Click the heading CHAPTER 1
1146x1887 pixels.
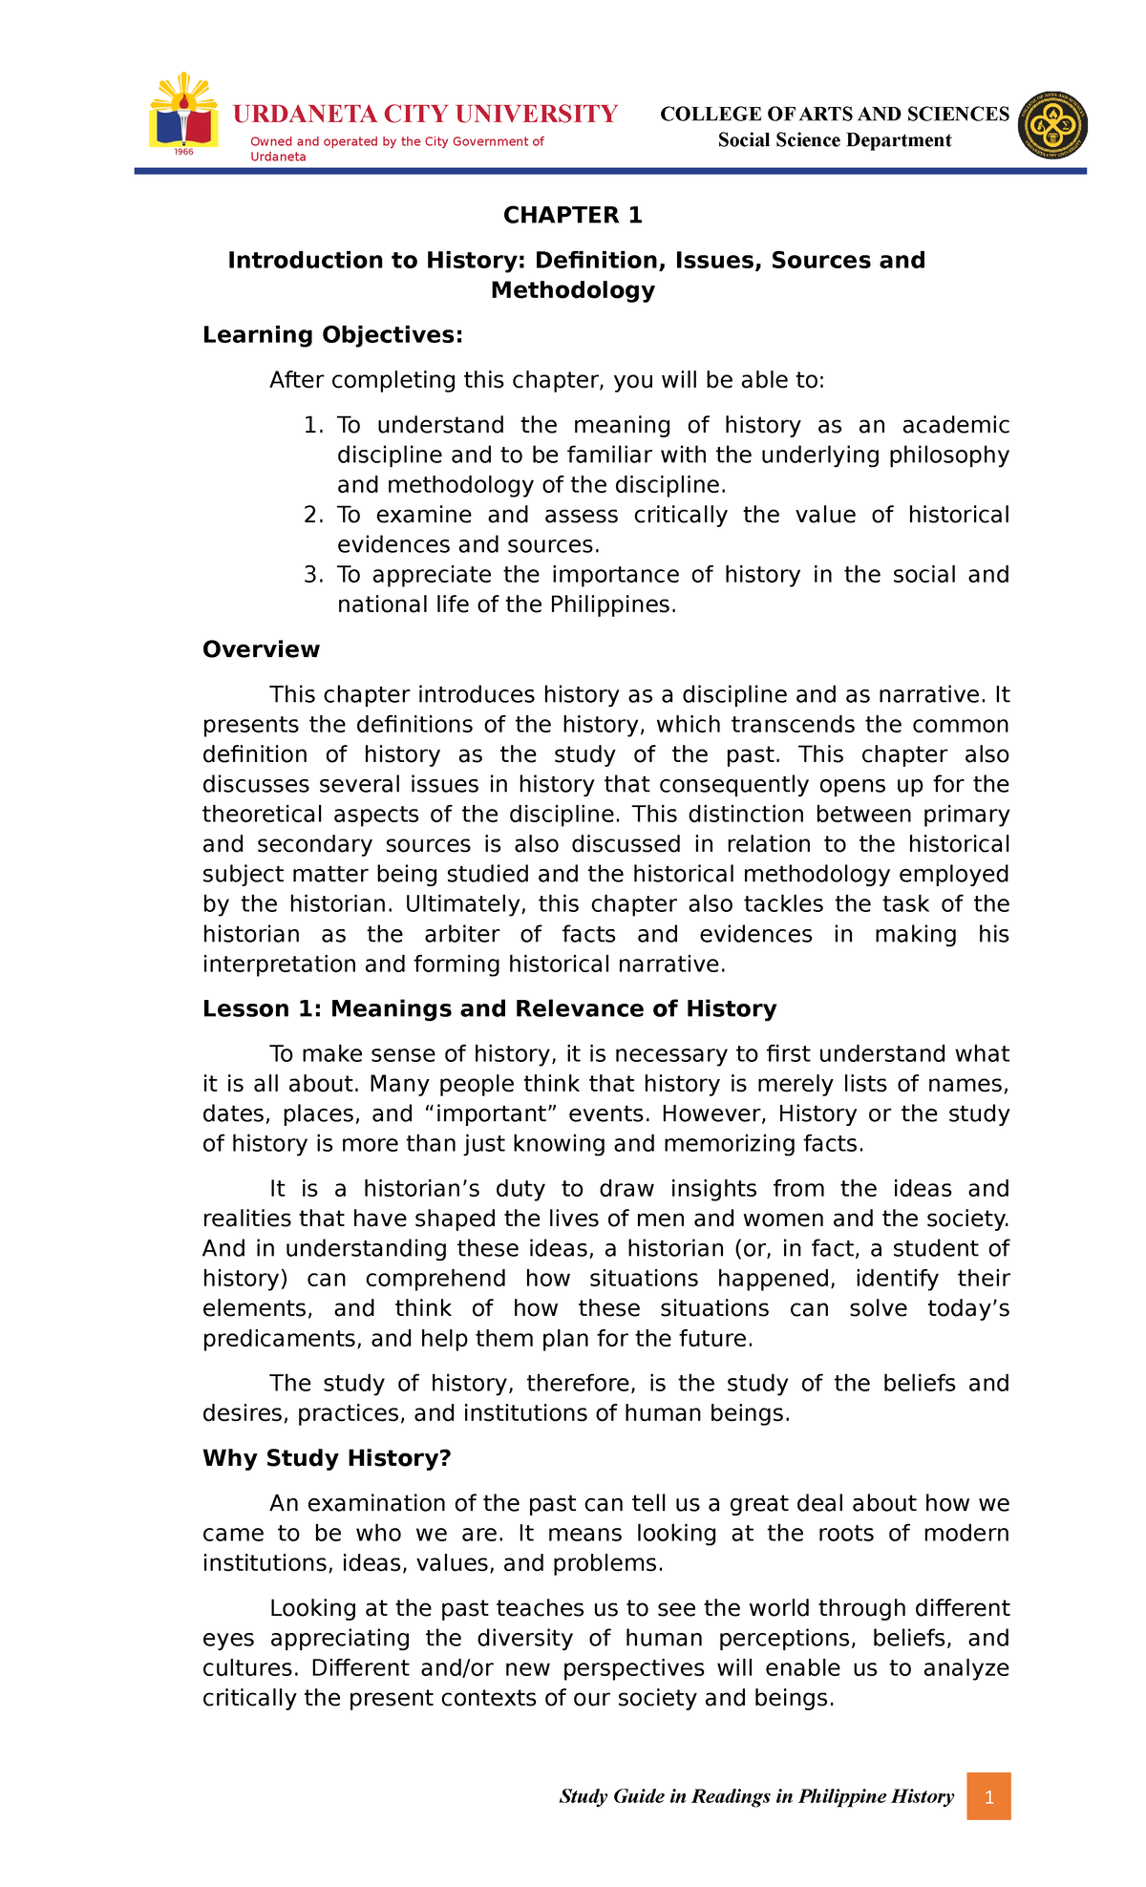572,216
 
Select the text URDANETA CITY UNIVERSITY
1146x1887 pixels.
425,115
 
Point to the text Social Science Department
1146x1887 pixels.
834,140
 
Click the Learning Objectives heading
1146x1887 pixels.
332,335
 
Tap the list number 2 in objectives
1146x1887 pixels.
311,516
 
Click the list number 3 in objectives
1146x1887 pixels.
311,575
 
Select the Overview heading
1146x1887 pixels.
261,650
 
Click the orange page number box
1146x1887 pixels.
988,1796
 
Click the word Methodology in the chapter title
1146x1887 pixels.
572,290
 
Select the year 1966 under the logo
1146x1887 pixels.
182,153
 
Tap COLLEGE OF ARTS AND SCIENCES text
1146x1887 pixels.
834,115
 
